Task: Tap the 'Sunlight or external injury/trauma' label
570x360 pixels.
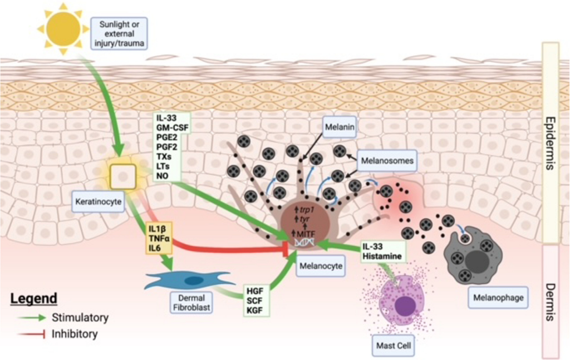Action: (122, 32)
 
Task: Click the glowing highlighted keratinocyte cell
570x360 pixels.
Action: (123, 177)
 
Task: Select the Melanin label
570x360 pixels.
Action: (339, 127)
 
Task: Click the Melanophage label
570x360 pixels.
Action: (497, 298)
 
